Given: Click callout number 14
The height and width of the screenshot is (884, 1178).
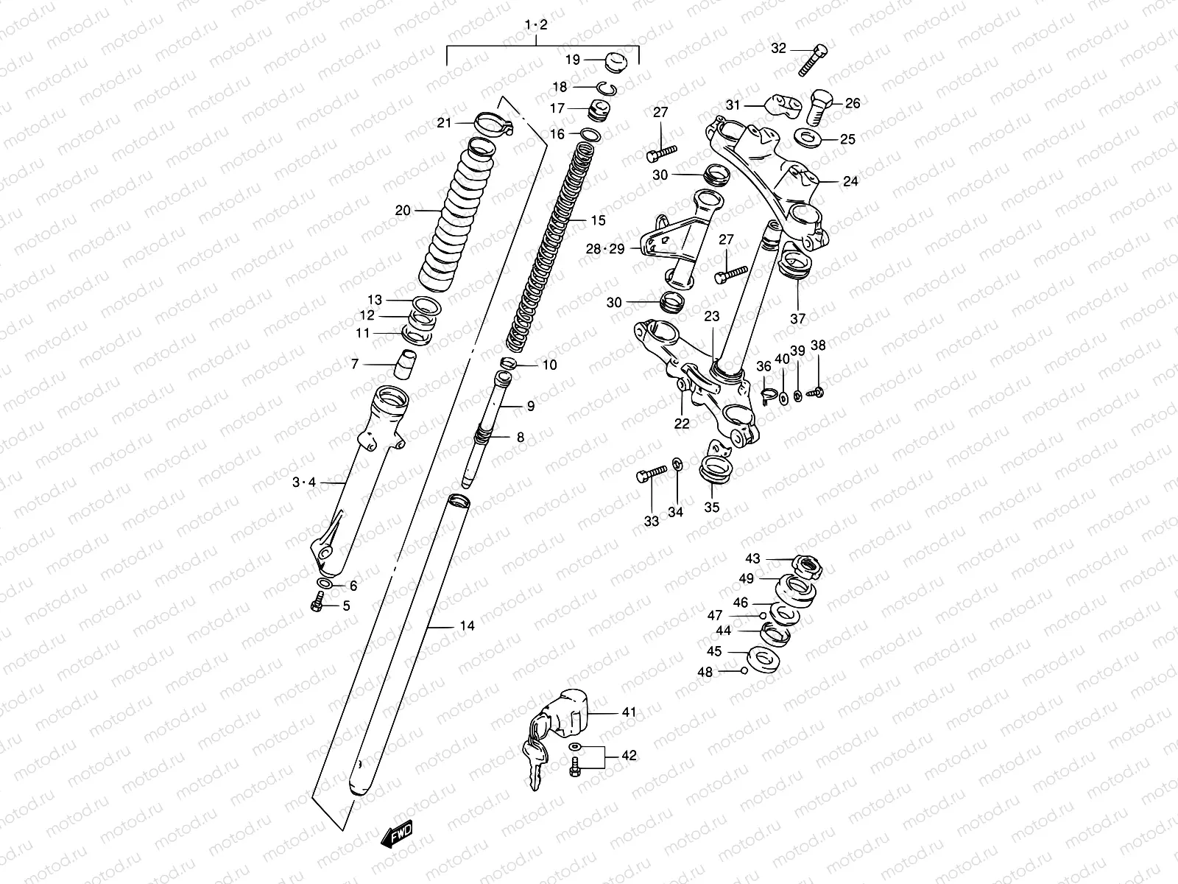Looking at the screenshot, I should (467, 626).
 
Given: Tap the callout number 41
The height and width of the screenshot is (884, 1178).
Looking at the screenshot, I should (628, 712).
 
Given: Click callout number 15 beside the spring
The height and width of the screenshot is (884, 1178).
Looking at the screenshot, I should (597, 220).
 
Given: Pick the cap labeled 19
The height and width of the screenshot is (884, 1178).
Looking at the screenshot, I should (614, 60).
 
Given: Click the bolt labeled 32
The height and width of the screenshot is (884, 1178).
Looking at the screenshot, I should (812, 60).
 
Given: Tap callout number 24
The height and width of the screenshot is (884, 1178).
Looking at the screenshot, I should (850, 181).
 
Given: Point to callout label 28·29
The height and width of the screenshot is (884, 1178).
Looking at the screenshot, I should (605, 249).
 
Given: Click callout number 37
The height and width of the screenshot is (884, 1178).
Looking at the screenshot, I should (798, 318).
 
